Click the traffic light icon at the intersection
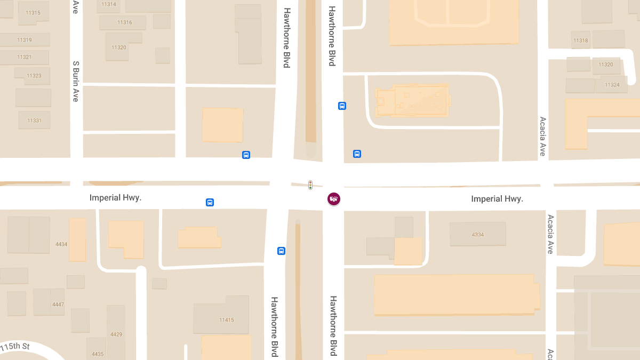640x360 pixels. click(x=310, y=185)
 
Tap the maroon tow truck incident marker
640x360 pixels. click(x=334, y=199)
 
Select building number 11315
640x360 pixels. click(x=33, y=13)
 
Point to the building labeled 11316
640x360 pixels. click(x=125, y=22)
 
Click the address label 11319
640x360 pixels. click(x=25, y=40)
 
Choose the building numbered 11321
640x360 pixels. click(x=25, y=57)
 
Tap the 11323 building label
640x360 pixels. click(x=34, y=76)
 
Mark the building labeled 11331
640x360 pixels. click(x=34, y=121)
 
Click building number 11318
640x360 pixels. click(x=580, y=41)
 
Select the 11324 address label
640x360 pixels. click(x=612, y=85)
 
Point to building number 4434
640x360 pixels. click(x=61, y=244)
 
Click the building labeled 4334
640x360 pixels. click(x=477, y=235)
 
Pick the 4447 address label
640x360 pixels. click(x=58, y=305)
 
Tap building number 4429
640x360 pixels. click(x=116, y=334)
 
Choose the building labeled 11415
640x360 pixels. click(x=226, y=320)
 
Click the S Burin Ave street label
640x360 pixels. click(x=76, y=81)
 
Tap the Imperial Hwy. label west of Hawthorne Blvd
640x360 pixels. click(x=115, y=198)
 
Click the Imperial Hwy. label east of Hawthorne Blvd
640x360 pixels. click(x=497, y=199)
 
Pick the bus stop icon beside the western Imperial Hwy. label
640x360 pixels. click(x=210, y=203)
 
